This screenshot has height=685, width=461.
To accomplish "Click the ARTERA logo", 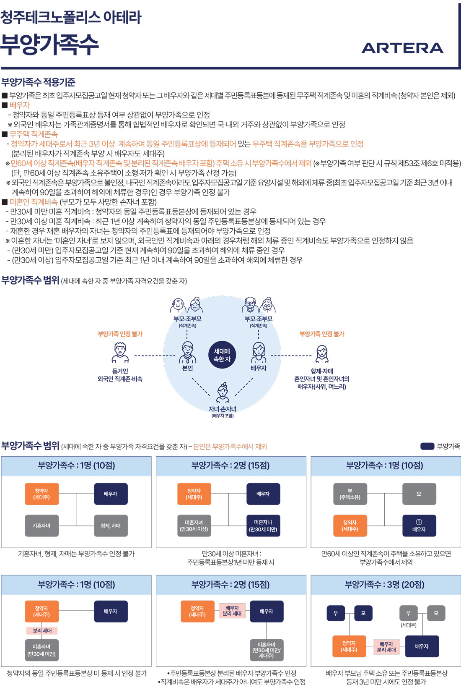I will tap(402, 48).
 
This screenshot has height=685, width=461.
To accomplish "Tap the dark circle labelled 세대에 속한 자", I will tap(222, 355).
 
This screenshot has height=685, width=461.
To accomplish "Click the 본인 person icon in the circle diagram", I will tap(187, 352).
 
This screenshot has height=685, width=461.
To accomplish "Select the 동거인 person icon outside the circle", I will tap(120, 353).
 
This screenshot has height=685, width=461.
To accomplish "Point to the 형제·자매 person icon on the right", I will tap(322, 354).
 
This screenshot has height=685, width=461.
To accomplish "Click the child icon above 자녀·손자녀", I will tap(223, 393).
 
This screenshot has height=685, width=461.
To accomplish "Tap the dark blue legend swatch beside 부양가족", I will tap(427, 446).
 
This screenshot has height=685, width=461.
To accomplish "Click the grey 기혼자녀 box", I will tap(41, 526).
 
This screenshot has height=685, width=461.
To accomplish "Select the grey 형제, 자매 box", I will tap(111, 526).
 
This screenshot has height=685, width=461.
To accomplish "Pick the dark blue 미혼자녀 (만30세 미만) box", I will tap(263, 526).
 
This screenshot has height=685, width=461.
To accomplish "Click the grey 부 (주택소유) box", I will tap(350, 494).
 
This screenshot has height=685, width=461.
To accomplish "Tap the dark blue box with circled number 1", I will tap(419, 526).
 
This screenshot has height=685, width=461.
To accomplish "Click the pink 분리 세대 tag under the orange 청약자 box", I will tap(42, 630).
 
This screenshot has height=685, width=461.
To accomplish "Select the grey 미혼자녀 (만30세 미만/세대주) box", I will tap(267, 650).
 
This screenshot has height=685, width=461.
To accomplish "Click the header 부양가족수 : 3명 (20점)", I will tap(385, 585).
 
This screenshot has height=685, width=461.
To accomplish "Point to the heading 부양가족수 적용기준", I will tap(39, 82).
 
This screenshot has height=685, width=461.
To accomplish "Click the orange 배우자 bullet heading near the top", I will tap(20, 105).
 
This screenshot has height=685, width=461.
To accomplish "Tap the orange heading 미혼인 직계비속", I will tap(34, 202).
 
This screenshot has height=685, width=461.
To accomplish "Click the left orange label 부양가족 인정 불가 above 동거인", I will tap(120, 334).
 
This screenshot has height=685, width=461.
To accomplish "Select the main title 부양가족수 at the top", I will tap(49, 44).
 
